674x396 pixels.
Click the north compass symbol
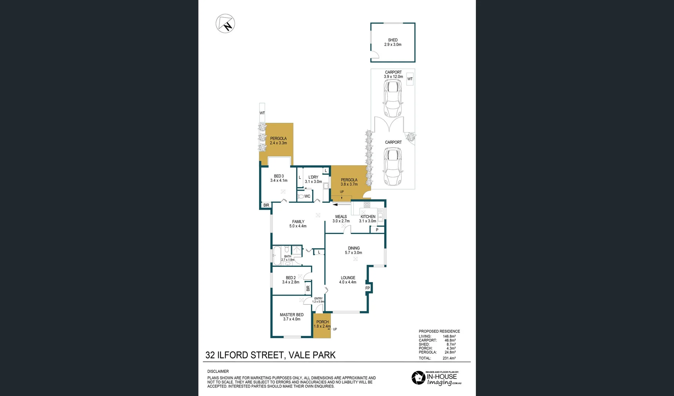click(x=225, y=23)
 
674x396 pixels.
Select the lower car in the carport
click(x=393, y=167)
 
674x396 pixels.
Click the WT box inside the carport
click(x=410, y=79)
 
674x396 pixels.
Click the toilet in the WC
click(x=301, y=196)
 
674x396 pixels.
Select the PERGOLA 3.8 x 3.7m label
click(x=349, y=182)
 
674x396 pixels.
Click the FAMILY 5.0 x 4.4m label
click(x=298, y=224)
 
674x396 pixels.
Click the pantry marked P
click(x=377, y=230)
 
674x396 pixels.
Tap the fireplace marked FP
click(x=368, y=288)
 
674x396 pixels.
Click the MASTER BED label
click(x=292, y=317)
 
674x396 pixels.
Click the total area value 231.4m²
click(x=449, y=358)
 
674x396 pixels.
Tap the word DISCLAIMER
click(x=218, y=371)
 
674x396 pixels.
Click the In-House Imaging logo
click(x=436, y=378)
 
